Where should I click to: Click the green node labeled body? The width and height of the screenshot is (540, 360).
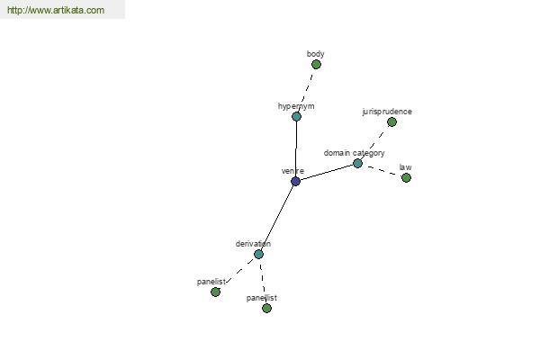[x=316, y=65]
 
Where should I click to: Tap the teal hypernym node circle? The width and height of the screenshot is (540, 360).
[x=296, y=116]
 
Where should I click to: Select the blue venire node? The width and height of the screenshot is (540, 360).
[x=295, y=181]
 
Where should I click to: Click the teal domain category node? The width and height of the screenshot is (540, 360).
[x=358, y=163]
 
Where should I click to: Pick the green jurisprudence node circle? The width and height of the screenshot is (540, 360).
[x=391, y=122]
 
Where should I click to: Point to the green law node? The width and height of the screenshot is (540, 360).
[x=407, y=178]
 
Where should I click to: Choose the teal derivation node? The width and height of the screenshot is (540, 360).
[x=258, y=254]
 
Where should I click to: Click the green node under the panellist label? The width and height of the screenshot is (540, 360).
[x=266, y=308]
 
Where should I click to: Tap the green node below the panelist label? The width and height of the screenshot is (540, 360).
[x=216, y=292]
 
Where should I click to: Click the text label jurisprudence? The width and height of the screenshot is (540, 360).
[x=387, y=112]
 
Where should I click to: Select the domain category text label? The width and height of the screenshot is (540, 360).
[x=354, y=153]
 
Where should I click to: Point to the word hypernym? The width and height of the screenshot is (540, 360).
[x=296, y=106]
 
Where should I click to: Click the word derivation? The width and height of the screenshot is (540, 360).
[x=253, y=244]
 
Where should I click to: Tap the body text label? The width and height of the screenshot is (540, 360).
[x=316, y=54]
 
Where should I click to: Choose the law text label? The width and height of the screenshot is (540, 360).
[x=405, y=167]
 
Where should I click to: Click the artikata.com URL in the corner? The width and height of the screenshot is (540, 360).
[x=56, y=10]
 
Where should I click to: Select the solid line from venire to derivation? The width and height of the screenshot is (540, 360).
[x=277, y=218]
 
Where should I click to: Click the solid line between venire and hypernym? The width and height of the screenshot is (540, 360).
[x=296, y=148]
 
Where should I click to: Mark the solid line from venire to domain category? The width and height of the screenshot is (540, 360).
[x=327, y=172]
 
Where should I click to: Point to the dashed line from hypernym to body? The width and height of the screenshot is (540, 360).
[x=307, y=90]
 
